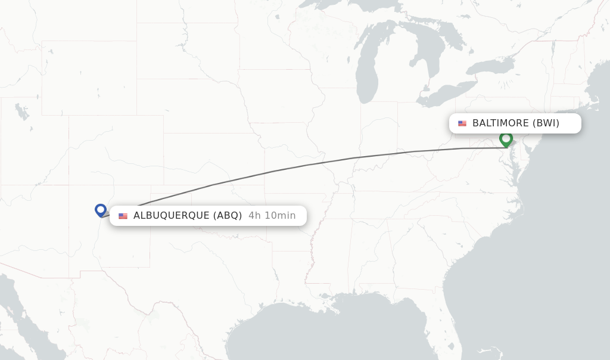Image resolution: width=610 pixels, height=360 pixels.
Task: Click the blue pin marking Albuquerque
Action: coord(101,209)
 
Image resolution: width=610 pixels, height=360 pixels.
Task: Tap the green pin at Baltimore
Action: coord(506,139)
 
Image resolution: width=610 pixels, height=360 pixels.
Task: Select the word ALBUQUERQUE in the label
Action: coord(171,216)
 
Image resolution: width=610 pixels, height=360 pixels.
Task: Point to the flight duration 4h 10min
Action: coord(272,216)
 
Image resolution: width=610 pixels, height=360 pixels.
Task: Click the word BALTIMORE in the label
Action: coord(500,123)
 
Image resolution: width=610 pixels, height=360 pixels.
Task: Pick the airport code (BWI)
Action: coord(546,123)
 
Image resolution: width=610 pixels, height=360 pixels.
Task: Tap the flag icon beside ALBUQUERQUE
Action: coord(123,216)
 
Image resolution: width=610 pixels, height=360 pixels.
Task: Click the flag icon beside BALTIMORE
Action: coord(462,123)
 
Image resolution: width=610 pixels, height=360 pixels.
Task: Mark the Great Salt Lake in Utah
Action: coord(22,111)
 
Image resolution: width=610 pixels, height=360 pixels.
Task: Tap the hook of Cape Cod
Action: coord(597,95)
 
